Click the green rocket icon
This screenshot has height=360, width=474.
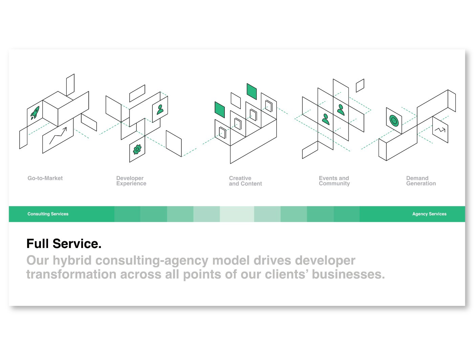pyautogui.click(x=35, y=113)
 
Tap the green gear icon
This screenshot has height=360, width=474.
pyautogui.click(x=137, y=149)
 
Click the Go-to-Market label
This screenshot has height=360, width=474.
pyautogui.click(x=45, y=178)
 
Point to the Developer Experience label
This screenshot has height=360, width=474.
pyautogui.click(x=131, y=181)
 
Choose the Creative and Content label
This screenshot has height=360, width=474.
pyautogui.click(x=245, y=181)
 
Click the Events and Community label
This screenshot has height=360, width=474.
pyautogui.click(x=334, y=181)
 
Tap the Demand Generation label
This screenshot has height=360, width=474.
pyautogui.click(x=421, y=181)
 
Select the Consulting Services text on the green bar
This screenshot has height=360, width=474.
pyautogui.click(x=48, y=214)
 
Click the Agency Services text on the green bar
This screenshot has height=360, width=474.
pyautogui.click(x=429, y=214)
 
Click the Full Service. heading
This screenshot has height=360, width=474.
pyautogui.click(x=64, y=244)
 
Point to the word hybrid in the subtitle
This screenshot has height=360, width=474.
pyautogui.click(x=72, y=261)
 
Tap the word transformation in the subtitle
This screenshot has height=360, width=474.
pyautogui.click(x=71, y=274)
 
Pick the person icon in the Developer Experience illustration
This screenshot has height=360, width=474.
pyautogui.click(x=160, y=109)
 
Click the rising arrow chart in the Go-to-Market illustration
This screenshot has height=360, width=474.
pyautogui.click(x=58, y=135)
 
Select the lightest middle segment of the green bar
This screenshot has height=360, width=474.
pyautogui.click(x=237, y=214)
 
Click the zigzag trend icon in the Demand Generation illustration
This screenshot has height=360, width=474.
pyautogui.click(x=440, y=130)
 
